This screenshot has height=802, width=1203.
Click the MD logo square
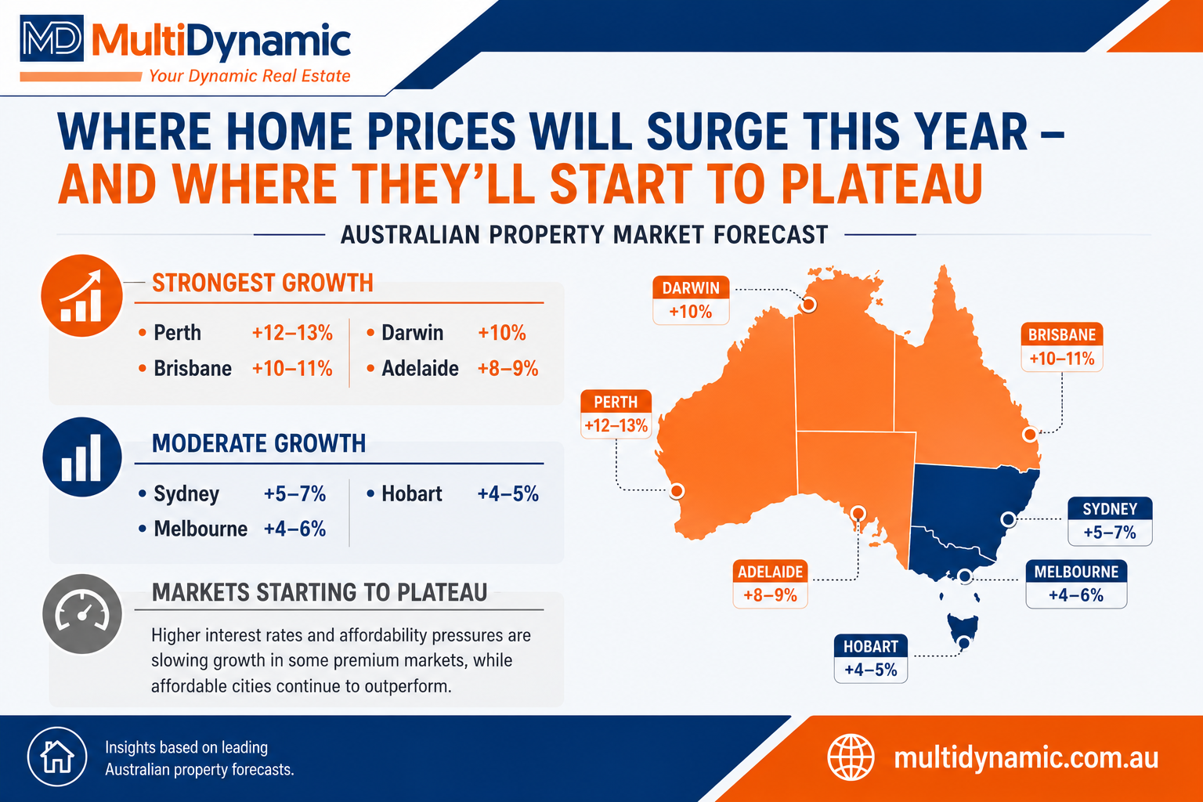[52, 38]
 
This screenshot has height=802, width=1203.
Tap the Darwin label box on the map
[691, 300]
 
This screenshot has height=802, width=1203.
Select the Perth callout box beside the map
[616, 414]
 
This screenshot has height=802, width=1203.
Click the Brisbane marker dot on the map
[1030, 434]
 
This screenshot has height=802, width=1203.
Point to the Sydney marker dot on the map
[1008, 519]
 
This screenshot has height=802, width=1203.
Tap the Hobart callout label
[871, 659]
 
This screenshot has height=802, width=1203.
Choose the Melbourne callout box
[1076, 584]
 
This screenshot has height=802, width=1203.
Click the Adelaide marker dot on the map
[858, 513]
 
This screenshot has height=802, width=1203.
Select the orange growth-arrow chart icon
[81, 295]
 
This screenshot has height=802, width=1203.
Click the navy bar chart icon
[81, 457]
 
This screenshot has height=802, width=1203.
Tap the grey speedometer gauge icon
[81, 613]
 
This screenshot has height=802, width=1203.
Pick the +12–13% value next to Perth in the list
[292, 333]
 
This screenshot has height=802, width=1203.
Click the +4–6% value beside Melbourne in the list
[294, 529]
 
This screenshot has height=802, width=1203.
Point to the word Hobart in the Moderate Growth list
[412, 493]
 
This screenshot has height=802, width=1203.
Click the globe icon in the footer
[851, 757]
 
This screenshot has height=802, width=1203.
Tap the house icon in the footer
[57, 757]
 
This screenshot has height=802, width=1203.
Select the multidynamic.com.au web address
[1026, 758]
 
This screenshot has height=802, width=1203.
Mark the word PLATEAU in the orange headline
[881, 184]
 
